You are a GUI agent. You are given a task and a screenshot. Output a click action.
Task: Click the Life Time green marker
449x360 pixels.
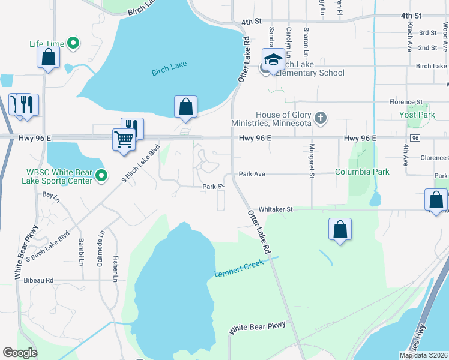pyautogui.click(x=73, y=43)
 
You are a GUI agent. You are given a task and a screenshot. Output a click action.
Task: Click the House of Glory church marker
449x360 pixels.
pyautogui.click(x=321, y=118)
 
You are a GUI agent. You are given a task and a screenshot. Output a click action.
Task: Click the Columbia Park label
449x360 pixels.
pyautogui.click(x=362, y=172)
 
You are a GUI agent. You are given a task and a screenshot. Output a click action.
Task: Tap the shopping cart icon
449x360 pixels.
pyautogui.click(x=124, y=140)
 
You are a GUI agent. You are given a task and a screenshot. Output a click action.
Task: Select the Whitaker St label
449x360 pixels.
pyautogui.click(x=275, y=209)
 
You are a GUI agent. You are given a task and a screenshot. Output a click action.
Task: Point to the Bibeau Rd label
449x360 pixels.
pyautogui.click(x=39, y=280)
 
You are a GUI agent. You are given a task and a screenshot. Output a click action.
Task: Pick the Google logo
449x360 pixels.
pyautogui.click(x=20, y=353)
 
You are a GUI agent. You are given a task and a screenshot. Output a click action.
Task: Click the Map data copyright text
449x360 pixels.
pyautogui.click(x=423, y=355)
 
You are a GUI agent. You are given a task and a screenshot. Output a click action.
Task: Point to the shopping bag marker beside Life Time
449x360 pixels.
pyautogui.click(x=49, y=57)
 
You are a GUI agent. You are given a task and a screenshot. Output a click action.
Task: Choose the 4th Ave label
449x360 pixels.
pyautogui.click(x=406, y=155)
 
